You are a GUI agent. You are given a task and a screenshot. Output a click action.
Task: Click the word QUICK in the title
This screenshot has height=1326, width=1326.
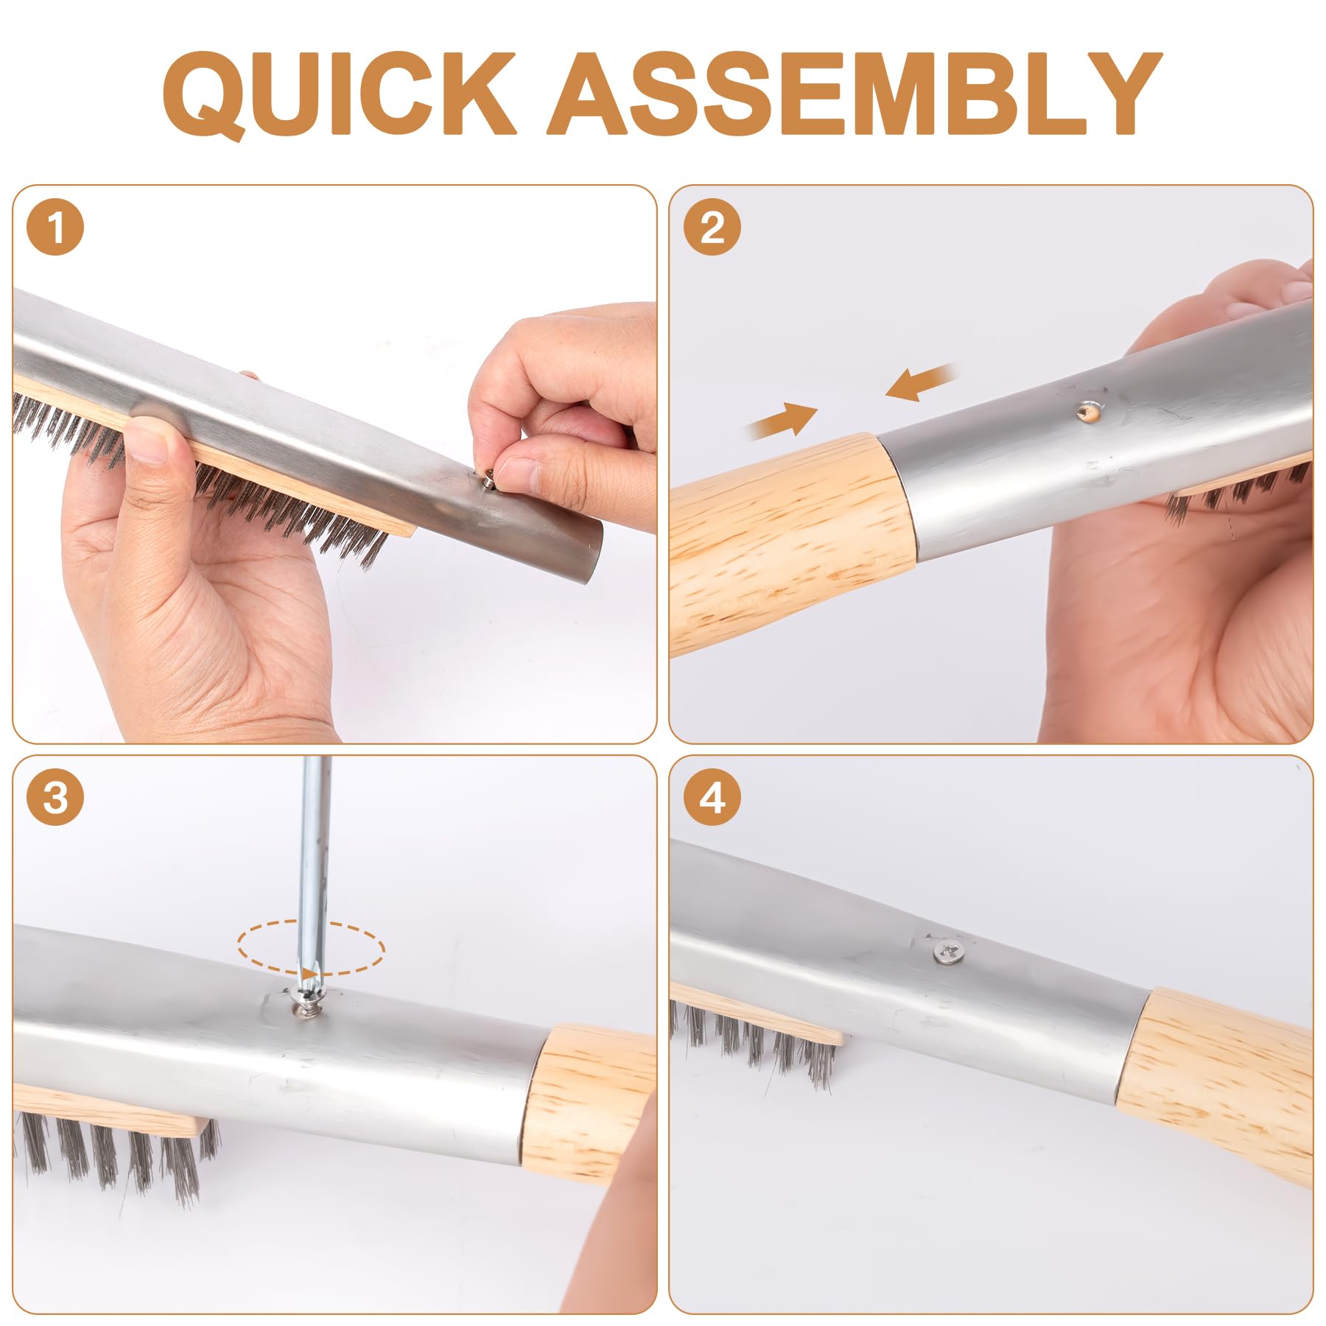pos(338,94)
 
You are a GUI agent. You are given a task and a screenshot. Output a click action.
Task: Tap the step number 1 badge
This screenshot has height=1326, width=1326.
pos(55,228)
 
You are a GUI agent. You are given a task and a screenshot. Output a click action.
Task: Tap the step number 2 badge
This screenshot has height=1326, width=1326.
pos(712,228)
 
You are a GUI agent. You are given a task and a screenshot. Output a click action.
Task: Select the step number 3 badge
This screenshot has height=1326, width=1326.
pos(55,797)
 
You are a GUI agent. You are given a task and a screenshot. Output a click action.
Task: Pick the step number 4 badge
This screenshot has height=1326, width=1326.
pos(712,797)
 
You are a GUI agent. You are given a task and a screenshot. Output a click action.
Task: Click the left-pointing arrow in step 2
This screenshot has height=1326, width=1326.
pos(921,382)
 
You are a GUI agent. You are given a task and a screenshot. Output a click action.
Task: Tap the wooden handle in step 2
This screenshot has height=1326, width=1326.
pos(792,541)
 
